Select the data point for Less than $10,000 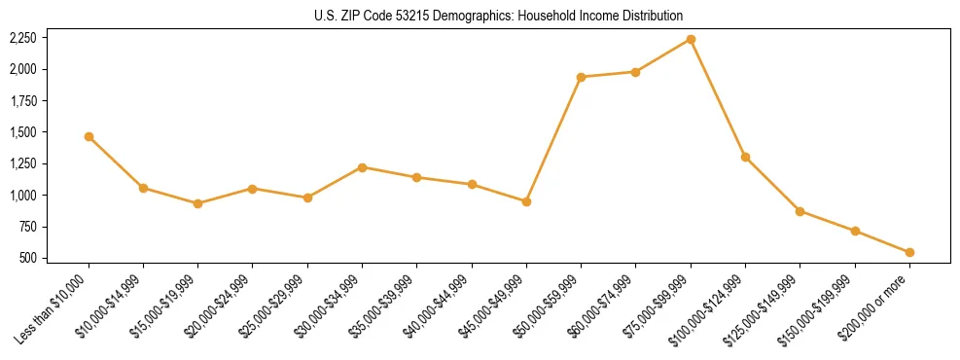pos(89,137)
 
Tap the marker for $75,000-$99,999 pos(691,39)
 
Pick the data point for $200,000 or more pos(909,253)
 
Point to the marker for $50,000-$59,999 pos(581,77)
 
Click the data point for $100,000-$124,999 pos(745,157)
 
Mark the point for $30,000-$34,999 pos(362,167)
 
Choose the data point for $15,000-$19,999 pos(197,203)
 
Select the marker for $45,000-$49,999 pos(526,201)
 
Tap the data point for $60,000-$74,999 pos(635,72)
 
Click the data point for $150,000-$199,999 pos(855,232)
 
